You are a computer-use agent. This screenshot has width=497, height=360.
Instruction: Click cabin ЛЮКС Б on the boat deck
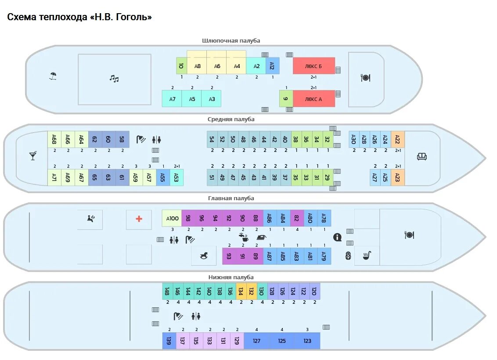point(313,66)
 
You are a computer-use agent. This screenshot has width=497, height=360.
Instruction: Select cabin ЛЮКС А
point(313,99)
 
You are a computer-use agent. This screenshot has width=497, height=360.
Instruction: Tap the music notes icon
point(114,79)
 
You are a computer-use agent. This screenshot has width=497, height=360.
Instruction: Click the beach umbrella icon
point(53,76)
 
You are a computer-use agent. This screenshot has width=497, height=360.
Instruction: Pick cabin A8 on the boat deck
point(197,66)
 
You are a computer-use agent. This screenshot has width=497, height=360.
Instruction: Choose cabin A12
point(272,66)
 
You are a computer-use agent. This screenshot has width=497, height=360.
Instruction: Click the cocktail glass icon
point(33,155)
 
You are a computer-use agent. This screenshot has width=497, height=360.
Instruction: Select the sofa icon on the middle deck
point(422,156)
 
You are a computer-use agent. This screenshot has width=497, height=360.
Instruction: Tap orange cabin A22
point(397,139)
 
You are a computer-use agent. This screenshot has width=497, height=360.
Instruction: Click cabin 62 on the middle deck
point(95,139)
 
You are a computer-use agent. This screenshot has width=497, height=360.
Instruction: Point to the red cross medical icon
point(139,219)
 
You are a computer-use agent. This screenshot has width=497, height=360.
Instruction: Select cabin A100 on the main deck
point(172,218)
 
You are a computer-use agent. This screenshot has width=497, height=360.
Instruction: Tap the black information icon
point(337,237)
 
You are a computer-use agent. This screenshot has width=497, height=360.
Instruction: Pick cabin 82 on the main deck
point(297,218)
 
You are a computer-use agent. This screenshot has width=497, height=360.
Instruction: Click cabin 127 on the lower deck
point(256,341)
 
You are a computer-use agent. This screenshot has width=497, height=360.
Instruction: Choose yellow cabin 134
point(241,291)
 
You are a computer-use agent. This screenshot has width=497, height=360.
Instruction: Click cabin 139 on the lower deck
point(169,341)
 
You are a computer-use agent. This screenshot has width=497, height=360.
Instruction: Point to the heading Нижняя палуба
point(231,277)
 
